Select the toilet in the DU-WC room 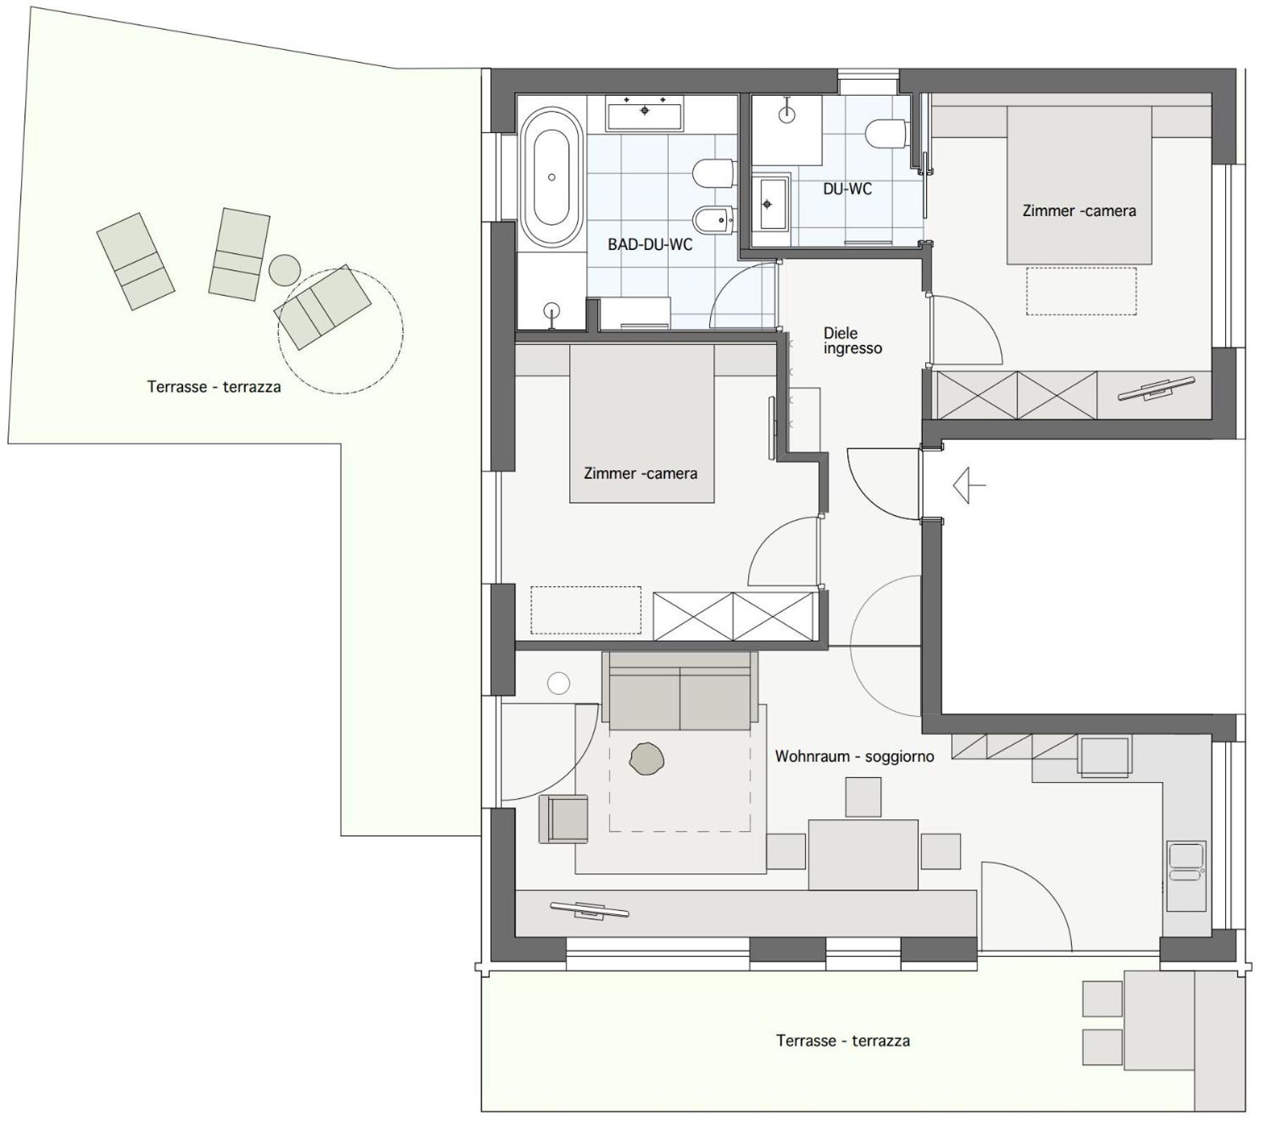click(885, 134)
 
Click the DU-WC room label click(847, 189)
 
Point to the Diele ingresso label click(852, 341)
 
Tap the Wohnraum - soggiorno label click(854, 757)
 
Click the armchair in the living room click(564, 819)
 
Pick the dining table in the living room click(863, 855)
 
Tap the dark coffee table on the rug click(647, 759)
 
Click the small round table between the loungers click(284, 270)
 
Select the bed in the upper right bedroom click(1079, 185)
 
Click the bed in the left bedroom click(642, 424)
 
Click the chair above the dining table click(863, 797)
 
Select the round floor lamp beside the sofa click(558, 683)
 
